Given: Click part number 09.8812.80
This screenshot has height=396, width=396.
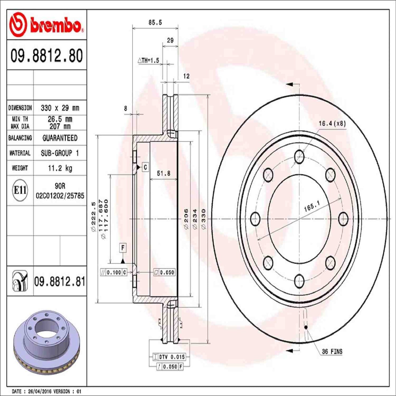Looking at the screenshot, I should [47, 56].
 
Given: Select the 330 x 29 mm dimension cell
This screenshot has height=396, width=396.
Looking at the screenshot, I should [60, 108].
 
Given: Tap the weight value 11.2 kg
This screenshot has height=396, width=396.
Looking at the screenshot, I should [60, 168].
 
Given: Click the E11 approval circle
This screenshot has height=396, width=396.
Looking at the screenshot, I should [20, 190].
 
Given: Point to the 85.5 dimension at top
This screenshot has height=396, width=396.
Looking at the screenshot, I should [155, 22].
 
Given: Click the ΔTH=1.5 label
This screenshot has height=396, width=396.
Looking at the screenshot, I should [148, 61].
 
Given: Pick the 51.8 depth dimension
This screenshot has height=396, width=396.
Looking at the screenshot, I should [164, 173].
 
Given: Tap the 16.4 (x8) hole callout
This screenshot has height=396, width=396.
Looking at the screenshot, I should [332, 124].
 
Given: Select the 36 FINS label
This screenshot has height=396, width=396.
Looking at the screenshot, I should [332, 352].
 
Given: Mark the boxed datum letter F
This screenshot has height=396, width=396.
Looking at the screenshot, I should [123, 248].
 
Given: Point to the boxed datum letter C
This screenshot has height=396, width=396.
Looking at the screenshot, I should [145, 167].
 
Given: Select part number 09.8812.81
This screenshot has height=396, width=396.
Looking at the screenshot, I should [60, 282].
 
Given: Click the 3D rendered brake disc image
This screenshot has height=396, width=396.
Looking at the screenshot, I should [47, 343].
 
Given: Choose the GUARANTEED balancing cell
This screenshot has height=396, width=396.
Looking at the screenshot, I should [60, 138].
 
